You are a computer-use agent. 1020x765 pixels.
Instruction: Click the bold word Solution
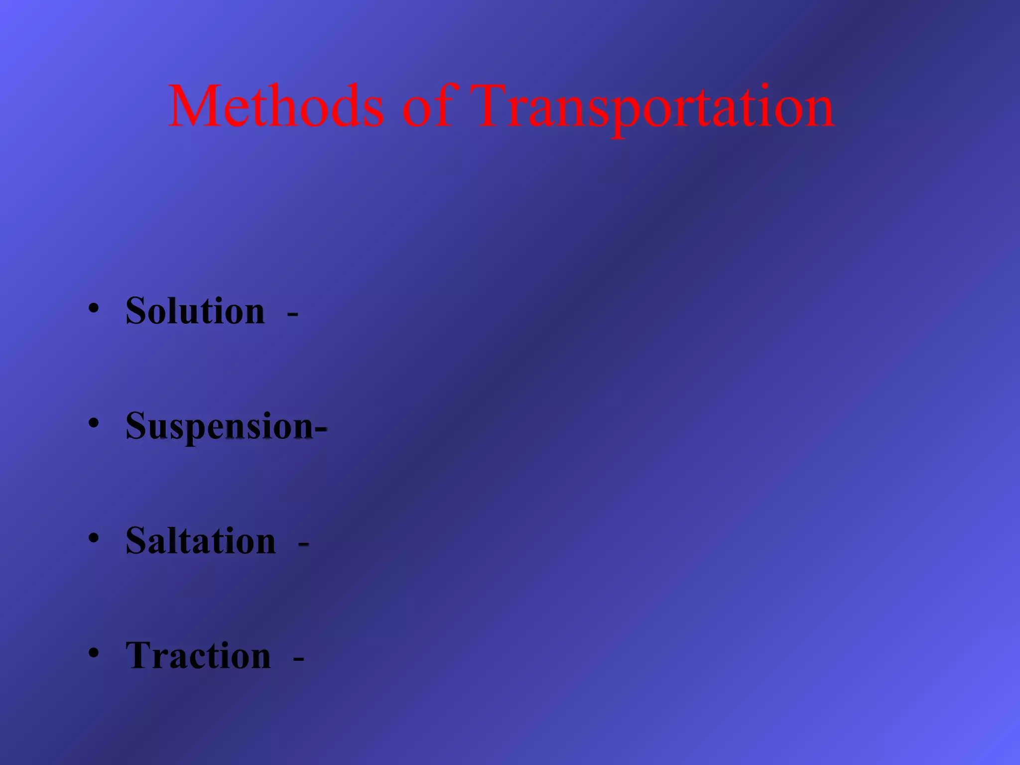pos(195,311)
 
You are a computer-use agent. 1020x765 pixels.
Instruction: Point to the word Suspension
pos(219,427)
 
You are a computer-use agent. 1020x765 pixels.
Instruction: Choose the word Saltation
pos(200,541)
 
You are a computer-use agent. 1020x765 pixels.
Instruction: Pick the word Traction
pos(198,655)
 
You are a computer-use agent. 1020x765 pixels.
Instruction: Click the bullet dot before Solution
pos(94,309)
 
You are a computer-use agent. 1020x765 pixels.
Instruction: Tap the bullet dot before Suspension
pos(94,423)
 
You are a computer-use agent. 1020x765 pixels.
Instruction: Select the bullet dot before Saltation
pos(94,538)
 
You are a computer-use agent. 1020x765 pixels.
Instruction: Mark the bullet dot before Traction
pos(94,652)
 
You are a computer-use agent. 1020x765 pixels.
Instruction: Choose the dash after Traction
pos(298,659)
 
